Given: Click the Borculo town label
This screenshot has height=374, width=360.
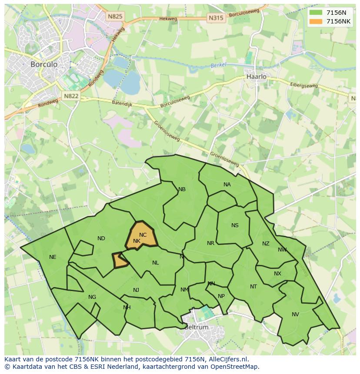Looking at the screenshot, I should pyautogui.click(x=44, y=64).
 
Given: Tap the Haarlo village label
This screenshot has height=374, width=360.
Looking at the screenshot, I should pyautogui.click(x=256, y=76).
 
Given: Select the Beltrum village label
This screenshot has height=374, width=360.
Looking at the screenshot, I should pyautogui.click(x=196, y=327).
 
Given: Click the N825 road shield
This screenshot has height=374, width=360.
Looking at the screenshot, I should pyautogui.click(x=115, y=17).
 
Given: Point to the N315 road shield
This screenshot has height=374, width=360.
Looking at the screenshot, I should pyautogui.click(x=216, y=18).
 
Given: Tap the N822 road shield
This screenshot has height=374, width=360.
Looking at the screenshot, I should pyautogui.click(x=70, y=96).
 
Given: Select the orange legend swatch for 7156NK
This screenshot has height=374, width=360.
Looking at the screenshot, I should pyautogui.click(x=315, y=21).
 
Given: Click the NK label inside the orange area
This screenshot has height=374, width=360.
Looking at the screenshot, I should pyautogui.click(x=137, y=241).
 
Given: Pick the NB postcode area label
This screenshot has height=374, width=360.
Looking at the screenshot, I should pyautogui.click(x=182, y=189).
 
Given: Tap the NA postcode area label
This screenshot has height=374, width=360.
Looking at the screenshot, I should pyautogui.click(x=227, y=185).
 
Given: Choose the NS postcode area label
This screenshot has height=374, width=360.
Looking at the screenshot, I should pyautogui.click(x=235, y=225).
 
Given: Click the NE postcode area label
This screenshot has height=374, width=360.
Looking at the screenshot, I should pyautogui.click(x=53, y=257).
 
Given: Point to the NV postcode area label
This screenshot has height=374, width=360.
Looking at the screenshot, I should pyautogui.click(x=295, y=314).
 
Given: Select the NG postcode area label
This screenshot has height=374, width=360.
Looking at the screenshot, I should pyautogui.click(x=92, y=297).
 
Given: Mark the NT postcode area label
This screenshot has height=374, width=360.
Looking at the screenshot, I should pyautogui.click(x=253, y=287).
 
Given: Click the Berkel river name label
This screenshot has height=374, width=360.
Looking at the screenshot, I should pyautogui.click(x=219, y=65).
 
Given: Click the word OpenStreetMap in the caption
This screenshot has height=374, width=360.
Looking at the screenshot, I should pyautogui.click(x=236, y=367).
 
